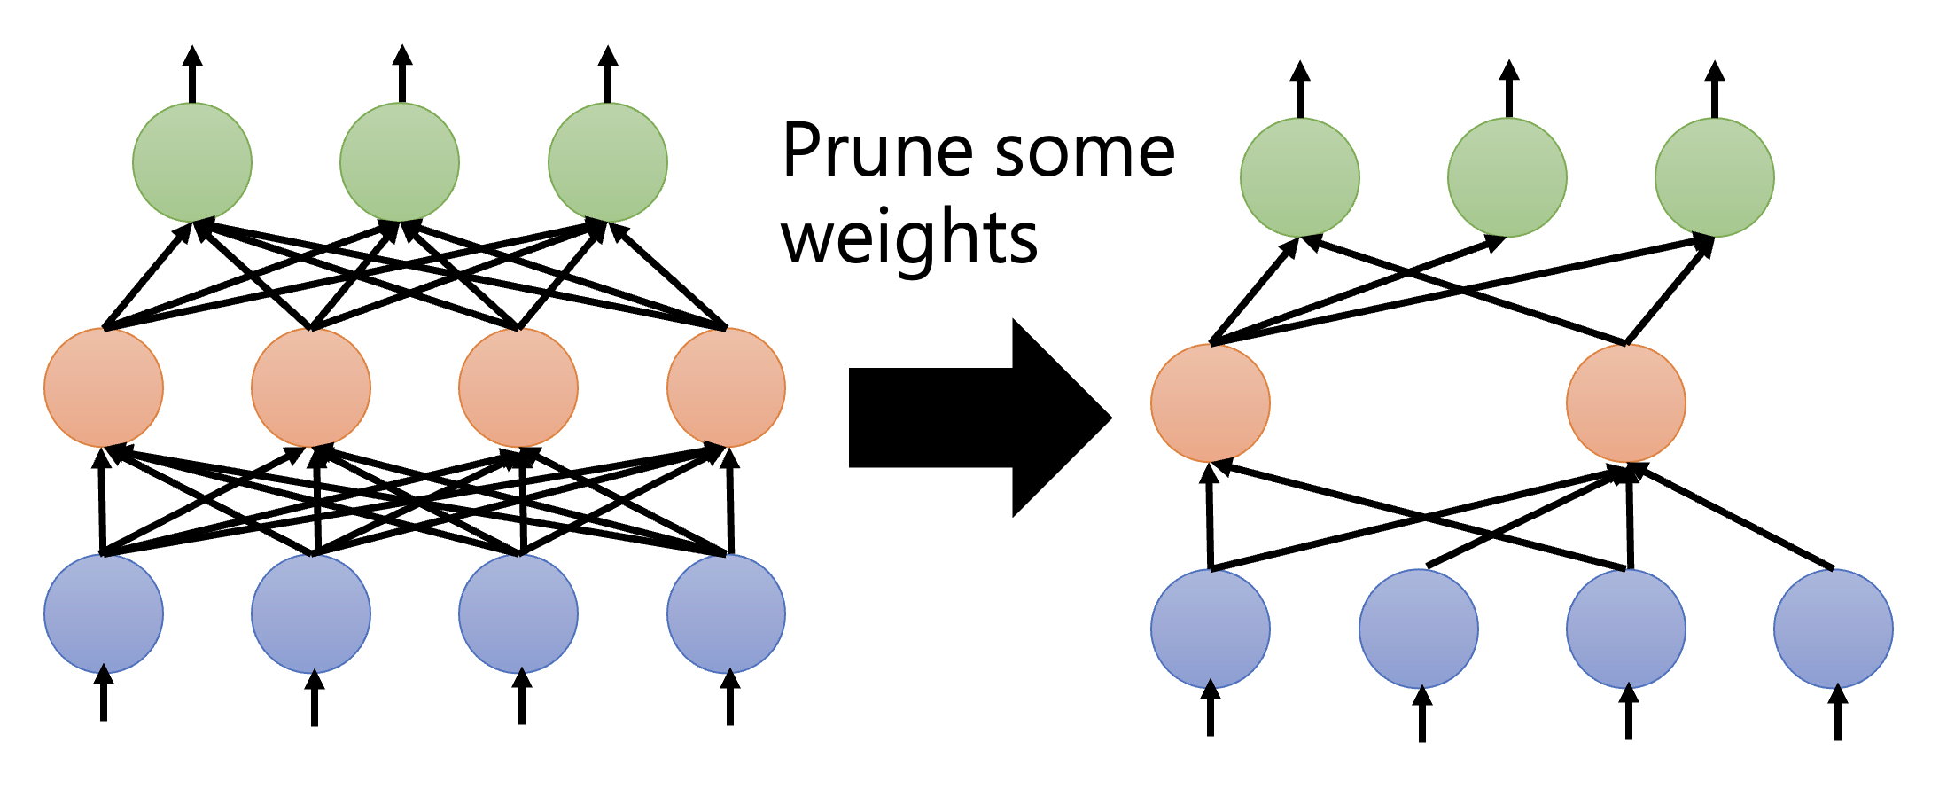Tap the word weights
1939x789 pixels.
tap(909, 238)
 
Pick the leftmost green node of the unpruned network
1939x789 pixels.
tap(192, 162)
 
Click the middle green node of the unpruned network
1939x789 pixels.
tap(400, 162)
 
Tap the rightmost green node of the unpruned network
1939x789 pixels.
tap(608, 162)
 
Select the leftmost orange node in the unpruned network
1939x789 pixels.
tap(104, 387)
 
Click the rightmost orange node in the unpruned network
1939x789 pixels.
tap(726, 387)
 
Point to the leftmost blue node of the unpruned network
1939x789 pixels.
tap(104, 613)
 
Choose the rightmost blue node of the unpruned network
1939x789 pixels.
tap(726, 613)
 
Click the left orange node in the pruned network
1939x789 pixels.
tap(1211, 402)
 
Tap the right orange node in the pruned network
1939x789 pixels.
tap(1626, 402)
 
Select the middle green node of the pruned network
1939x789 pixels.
tap(1507, 177)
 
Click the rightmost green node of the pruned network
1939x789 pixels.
tap(1715, 177)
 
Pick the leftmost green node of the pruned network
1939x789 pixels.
tap(1300, 177)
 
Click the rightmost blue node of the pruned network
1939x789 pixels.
tap(1834, 629)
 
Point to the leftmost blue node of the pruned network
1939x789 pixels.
tap(1211, 629)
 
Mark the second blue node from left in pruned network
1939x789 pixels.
tap(1419, 629)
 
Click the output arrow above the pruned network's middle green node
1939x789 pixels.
tap(1509, 89)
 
